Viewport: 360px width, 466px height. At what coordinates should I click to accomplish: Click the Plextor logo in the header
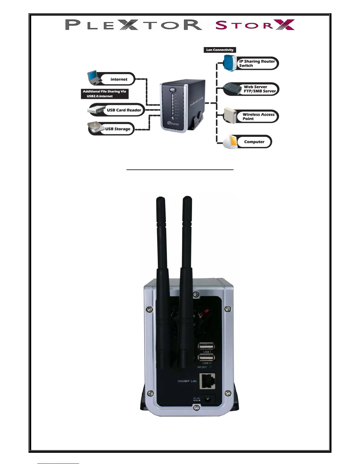click(134, 25)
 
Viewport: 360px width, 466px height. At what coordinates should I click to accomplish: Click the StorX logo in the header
click(255, 25)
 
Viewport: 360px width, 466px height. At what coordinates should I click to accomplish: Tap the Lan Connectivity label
click(220, 50)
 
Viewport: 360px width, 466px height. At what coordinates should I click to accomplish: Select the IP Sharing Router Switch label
click(257, 64)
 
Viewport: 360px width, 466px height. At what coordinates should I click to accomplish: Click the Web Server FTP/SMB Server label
click(259, 89)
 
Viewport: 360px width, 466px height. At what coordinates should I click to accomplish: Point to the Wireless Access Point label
click(258, 116)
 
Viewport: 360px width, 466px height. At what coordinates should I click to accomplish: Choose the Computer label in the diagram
click(254, 142)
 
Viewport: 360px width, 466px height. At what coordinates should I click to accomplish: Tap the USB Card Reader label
click(124, 110)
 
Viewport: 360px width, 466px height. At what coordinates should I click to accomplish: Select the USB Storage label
click(118, 129)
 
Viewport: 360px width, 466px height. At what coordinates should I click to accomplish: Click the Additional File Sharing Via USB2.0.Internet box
click(104, 94)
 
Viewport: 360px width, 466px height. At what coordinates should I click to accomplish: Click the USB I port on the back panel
click(206, 346)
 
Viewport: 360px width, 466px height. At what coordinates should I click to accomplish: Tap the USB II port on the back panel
click(206, 357)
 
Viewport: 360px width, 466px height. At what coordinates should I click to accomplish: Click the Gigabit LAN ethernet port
click(207, 381)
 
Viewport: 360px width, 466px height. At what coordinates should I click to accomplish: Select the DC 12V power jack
click(208, 399)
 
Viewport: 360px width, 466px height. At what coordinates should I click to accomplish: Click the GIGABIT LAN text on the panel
click(187, 381)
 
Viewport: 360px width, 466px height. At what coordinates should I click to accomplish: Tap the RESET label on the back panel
click(202, 367)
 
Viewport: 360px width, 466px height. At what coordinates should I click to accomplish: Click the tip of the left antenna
click(160, 199)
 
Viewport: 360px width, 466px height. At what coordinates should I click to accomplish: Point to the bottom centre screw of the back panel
click(195, 408)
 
